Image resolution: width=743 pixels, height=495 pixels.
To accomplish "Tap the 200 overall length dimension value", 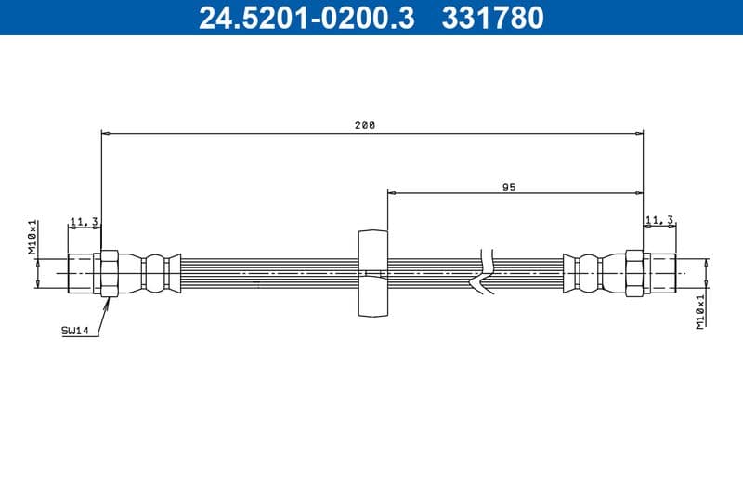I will pos(365,125).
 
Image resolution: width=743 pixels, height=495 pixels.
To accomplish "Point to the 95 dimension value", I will pos(509,187).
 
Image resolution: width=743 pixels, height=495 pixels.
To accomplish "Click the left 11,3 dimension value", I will pos(85,221).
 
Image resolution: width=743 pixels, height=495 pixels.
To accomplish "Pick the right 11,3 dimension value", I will pos(659,220).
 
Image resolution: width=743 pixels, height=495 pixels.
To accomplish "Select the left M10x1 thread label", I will pos(32,237).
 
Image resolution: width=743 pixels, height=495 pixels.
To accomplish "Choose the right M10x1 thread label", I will pos(701,310).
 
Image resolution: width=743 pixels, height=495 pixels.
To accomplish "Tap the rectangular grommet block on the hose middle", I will pos(371,273).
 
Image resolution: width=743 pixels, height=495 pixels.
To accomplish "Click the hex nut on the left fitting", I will pos(109,273).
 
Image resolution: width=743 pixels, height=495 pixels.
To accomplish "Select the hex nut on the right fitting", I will pos(634,273).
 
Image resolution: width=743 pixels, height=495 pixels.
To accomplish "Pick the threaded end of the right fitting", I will pos(660,273).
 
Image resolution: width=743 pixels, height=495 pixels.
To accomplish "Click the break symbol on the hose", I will pos(485,273).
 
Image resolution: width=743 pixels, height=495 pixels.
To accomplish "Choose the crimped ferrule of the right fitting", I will pos(589,273).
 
